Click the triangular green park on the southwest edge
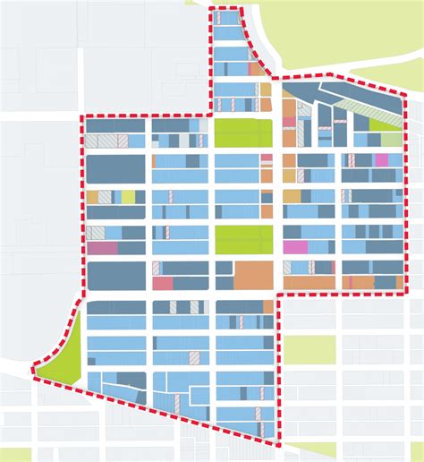[x=68, y=349]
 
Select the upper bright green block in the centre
[x=242, y=133]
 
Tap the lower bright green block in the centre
[x=243, y=239]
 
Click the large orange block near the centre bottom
[x=254, y=275]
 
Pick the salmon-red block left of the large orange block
[x=162, y=283]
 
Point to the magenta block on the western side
[x=102, y=248]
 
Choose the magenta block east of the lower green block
[x=295, y=246]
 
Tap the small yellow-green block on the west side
[x=128, y=197]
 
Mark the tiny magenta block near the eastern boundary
[x=382, y=159]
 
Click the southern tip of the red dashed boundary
[x=276, y=444]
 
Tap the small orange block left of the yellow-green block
[x=92, y=197]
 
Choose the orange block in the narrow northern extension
[x=257, y=68]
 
